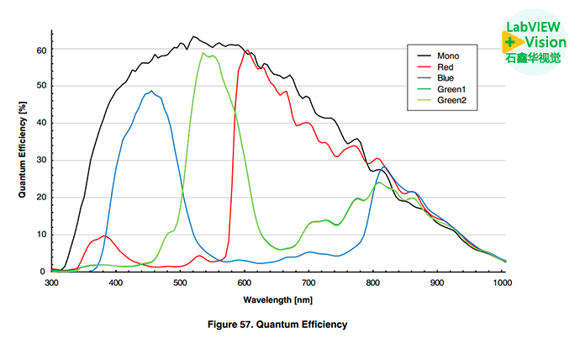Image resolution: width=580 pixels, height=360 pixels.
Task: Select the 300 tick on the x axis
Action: click(52, 283)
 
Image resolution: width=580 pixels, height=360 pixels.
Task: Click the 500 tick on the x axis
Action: click(180, 283)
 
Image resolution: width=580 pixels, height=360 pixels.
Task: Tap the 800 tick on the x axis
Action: click(373, 283)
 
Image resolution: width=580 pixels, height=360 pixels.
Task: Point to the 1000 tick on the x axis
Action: click(502, 283)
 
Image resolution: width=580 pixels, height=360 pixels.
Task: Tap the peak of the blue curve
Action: click(151, 91)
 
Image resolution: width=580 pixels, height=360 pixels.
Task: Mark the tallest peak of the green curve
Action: click(204, 54)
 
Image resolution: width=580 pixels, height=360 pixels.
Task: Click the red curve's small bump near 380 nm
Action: click(103, 236)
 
